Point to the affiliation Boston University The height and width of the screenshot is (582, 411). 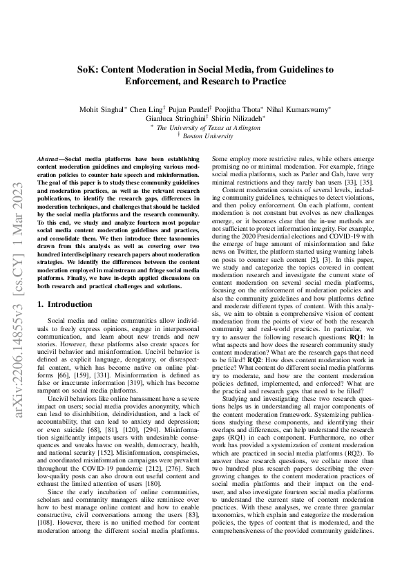click(207, 137)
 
